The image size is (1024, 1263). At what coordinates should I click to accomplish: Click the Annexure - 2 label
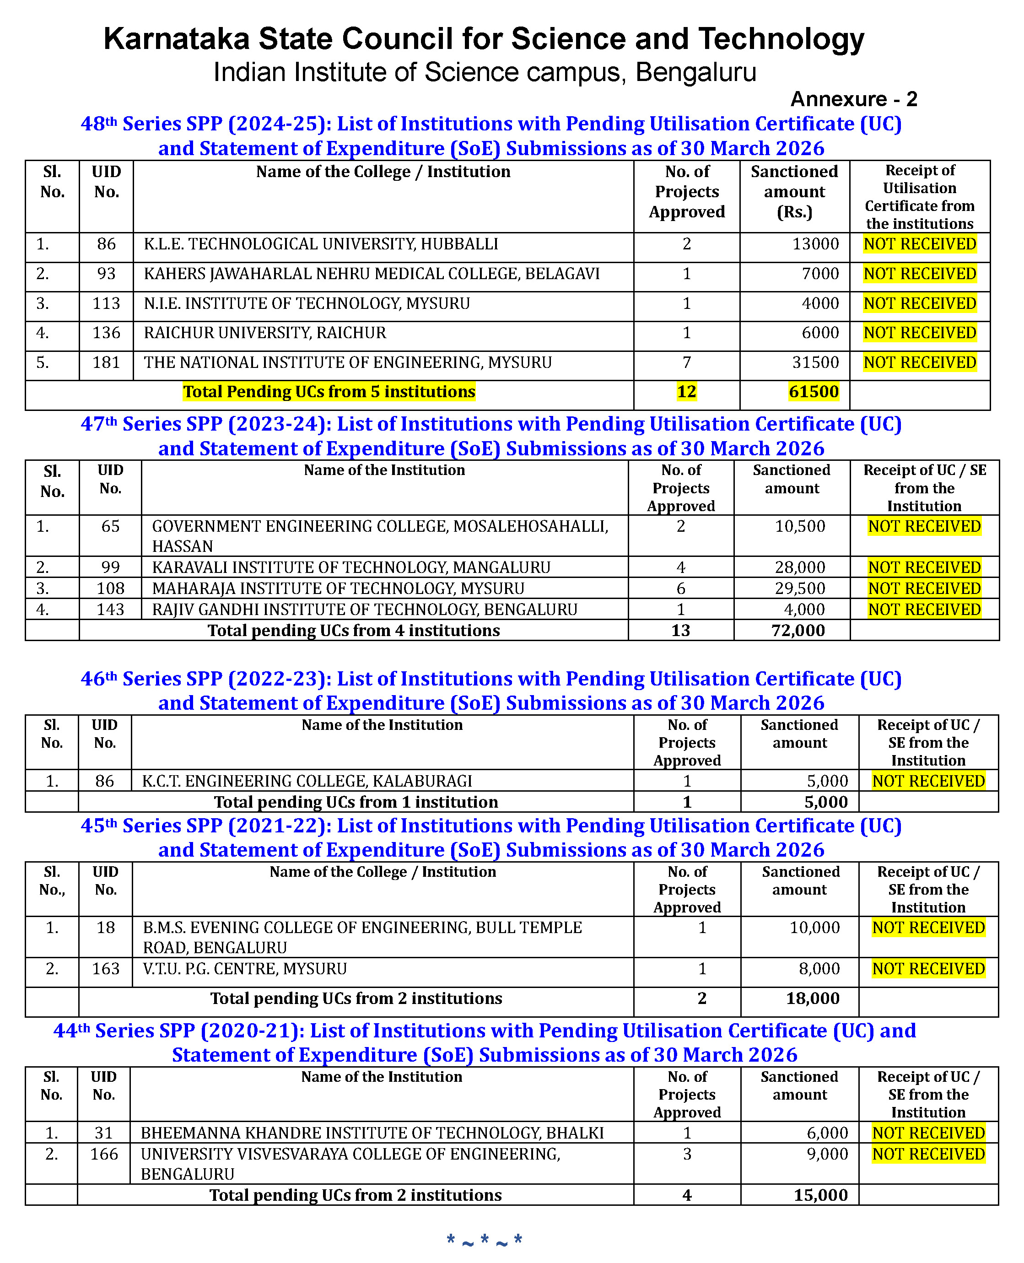click(x=853, y=99)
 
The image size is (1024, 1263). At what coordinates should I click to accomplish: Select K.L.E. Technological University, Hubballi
click(x=321, y=244)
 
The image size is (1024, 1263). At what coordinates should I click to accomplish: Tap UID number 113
click(x=106, y=303)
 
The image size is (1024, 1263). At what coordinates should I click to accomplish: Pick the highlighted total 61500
click(x=814, y=392)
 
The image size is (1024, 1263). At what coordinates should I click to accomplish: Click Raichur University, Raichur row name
click(x=265, y=333)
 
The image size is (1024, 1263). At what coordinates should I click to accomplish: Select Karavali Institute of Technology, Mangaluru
click(x=351, y=567)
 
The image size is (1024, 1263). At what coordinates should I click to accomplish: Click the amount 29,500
click(x=799, y=588)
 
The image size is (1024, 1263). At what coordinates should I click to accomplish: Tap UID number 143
click(x=110, y=610)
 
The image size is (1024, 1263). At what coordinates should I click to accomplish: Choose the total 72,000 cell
click(x=798, y=631)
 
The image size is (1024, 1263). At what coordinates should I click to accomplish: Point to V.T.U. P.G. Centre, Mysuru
click(x=245, y=969)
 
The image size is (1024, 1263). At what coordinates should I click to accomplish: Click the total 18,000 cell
click(x=812, y=998)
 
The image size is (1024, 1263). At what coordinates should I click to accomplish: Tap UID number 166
click(x=104, y=1154)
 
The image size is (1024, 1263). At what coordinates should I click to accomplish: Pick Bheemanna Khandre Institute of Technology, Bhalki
click(x=372, y=1133)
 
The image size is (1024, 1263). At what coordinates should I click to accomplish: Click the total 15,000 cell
click(x=820, y=1194)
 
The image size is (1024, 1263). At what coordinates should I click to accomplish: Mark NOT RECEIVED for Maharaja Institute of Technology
click(x=924, y=588)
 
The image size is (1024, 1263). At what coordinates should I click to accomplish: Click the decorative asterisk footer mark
click(x=484, y=1239)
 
